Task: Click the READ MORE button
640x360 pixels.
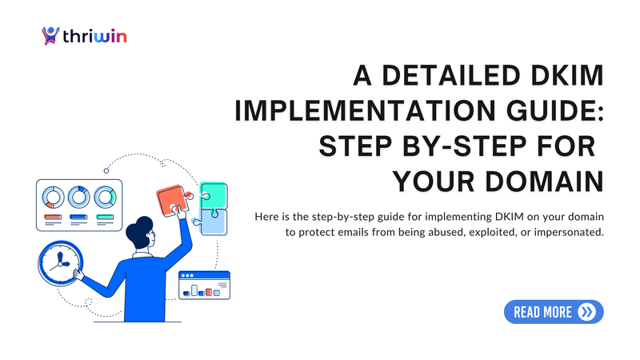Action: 554,312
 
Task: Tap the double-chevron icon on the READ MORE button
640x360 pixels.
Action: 588,312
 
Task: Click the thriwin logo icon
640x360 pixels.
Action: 50,36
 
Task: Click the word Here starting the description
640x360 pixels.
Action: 266,217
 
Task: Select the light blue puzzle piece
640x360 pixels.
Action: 214,222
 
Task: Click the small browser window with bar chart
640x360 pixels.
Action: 204,285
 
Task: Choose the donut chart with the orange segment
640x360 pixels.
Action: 54,196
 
